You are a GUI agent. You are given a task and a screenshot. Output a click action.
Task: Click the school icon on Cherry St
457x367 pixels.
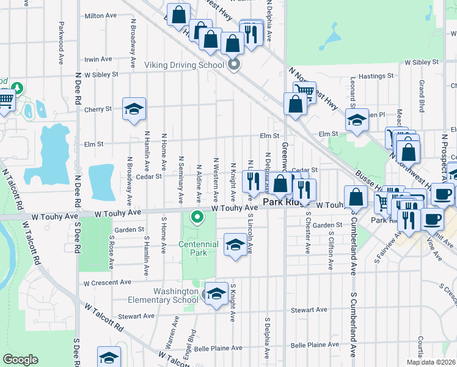pyautogui.click(x=134, y=109)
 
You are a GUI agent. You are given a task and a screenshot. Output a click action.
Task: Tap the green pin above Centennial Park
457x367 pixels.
pyautogui.click(x=197, y=217)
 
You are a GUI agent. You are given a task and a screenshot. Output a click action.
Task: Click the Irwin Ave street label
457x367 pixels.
pyautogui.click(x=98, y=59)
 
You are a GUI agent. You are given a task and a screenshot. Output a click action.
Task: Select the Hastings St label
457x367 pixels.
pyautogui.click(x=375, y=76)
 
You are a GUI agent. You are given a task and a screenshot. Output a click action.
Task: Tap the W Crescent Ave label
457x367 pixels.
pyautogui.click(x=108, y=283)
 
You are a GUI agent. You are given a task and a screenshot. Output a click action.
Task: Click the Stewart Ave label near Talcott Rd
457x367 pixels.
pyautogui.click(x=136, y=316)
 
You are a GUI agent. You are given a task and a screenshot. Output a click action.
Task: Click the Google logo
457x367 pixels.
pyautogui.click(x=20, y=360)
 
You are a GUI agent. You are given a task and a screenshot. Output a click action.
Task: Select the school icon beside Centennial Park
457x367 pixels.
pyautogui.click(x=235, y=245)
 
